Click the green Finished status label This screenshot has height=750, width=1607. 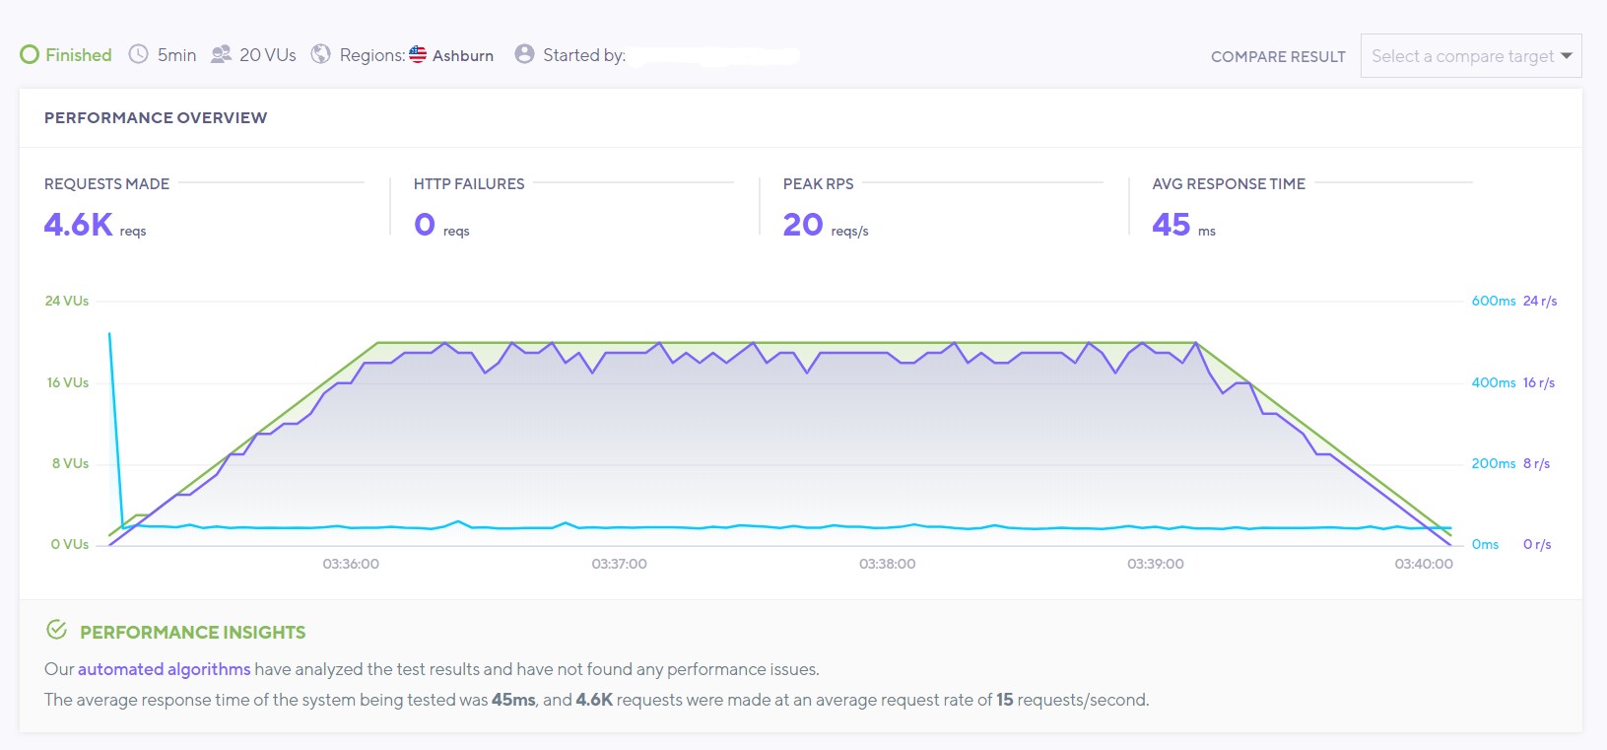click(78, 55)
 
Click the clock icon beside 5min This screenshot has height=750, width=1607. click(139, 54)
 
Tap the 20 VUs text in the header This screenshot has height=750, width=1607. click(267, 55)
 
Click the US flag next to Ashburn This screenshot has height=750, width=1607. click(418, 54)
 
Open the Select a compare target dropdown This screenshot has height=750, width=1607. click(1470, 56)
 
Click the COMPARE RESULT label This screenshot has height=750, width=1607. click(1277, 57)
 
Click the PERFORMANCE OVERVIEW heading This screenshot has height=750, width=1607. click(156, 117)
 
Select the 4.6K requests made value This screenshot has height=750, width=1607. click(78, 225)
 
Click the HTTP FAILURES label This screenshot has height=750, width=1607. click(468, 184)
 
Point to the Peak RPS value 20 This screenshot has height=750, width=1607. click(802, 225)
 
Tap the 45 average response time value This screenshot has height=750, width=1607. click(1171, 225)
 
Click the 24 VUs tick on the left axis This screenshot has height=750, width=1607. click(66, 301)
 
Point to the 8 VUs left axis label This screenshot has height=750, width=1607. click(70, 463)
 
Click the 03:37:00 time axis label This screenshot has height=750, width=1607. click(619, 564)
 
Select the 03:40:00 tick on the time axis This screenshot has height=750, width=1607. click(1423, 564)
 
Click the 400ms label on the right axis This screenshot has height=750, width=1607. click(1493, 382)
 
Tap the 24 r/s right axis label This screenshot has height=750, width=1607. click(1539, 301)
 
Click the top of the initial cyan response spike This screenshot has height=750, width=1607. click(109, 334)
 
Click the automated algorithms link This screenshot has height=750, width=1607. click(164, 669)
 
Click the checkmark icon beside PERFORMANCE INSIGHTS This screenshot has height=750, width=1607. click(57, 630)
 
